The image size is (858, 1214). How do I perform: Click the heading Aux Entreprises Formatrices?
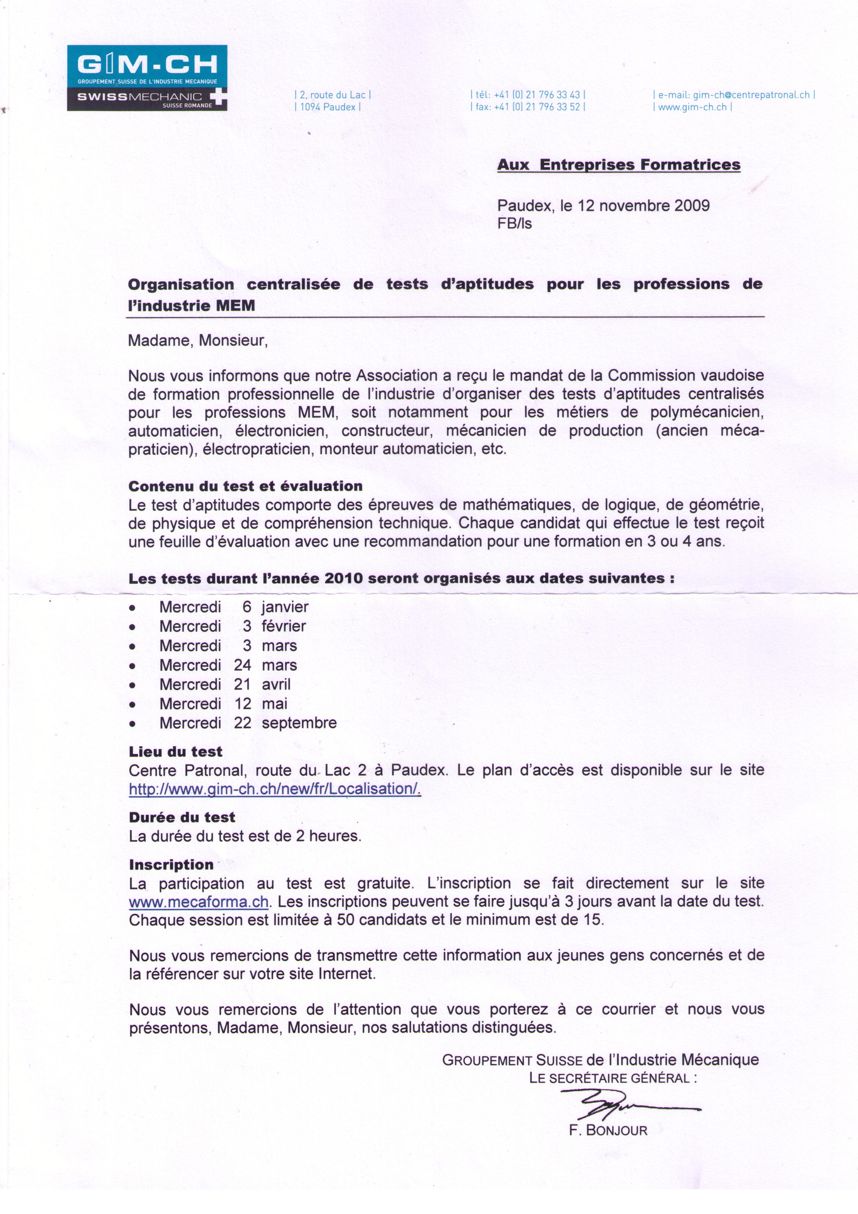pos(619,165)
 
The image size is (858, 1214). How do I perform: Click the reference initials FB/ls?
pos(514,224)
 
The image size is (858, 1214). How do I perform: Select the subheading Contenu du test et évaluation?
pos(246,486)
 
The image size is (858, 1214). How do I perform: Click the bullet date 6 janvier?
pos(275,607)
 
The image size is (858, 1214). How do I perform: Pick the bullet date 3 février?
pos(274,627)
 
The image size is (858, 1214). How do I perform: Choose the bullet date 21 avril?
pos(263,685)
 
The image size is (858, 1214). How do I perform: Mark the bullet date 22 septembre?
pos(285,723)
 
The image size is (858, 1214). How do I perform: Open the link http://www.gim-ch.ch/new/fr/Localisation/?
pos(275,789)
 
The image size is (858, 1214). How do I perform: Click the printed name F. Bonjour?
pos(608,1131)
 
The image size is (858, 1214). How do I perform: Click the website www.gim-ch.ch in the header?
pos(692,107)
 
